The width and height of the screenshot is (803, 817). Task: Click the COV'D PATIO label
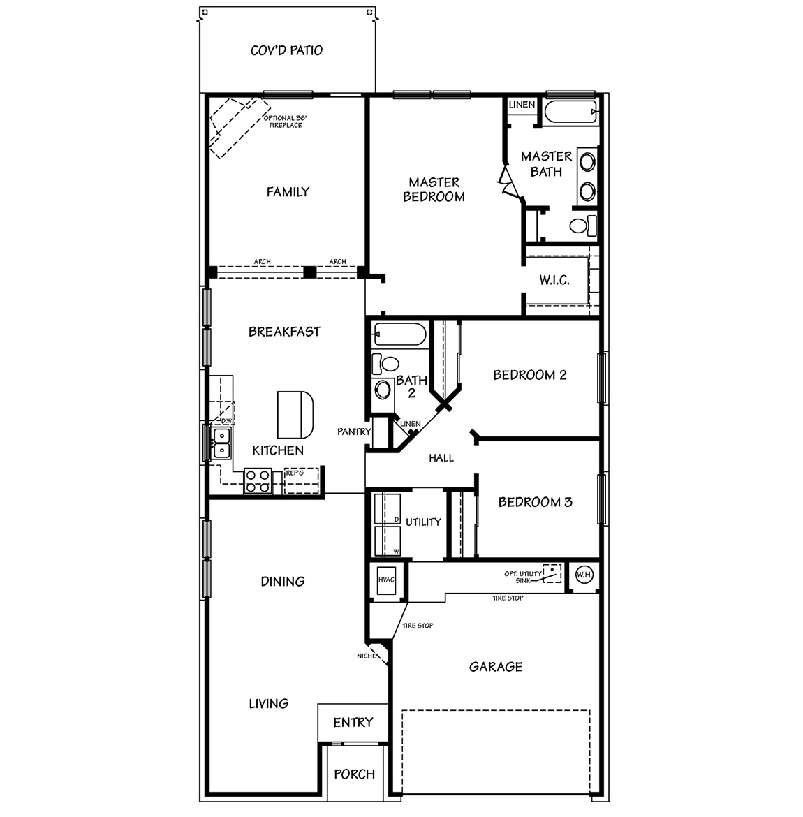pos(286,50)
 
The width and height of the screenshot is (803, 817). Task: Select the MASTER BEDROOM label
pos(434,190)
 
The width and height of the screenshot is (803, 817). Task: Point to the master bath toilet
pos(582,226)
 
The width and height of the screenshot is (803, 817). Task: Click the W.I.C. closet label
pos(554,281)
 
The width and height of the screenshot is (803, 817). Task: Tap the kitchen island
pos(295,413)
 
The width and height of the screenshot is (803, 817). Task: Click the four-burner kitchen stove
pos(258,481)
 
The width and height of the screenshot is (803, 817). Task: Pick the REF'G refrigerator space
pos(302,480)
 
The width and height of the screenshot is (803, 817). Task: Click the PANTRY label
pos(354,432)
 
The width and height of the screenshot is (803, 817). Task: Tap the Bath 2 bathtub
pos(399,334)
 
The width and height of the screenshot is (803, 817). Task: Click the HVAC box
pos(386,580)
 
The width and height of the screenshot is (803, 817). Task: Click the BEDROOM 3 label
pos(535,502)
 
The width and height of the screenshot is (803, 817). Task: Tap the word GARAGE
pos(496,667)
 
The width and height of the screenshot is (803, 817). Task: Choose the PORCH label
pos(354,774)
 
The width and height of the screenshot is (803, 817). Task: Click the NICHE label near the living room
pos(366,656)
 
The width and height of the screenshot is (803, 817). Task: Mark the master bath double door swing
pos(507,180)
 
